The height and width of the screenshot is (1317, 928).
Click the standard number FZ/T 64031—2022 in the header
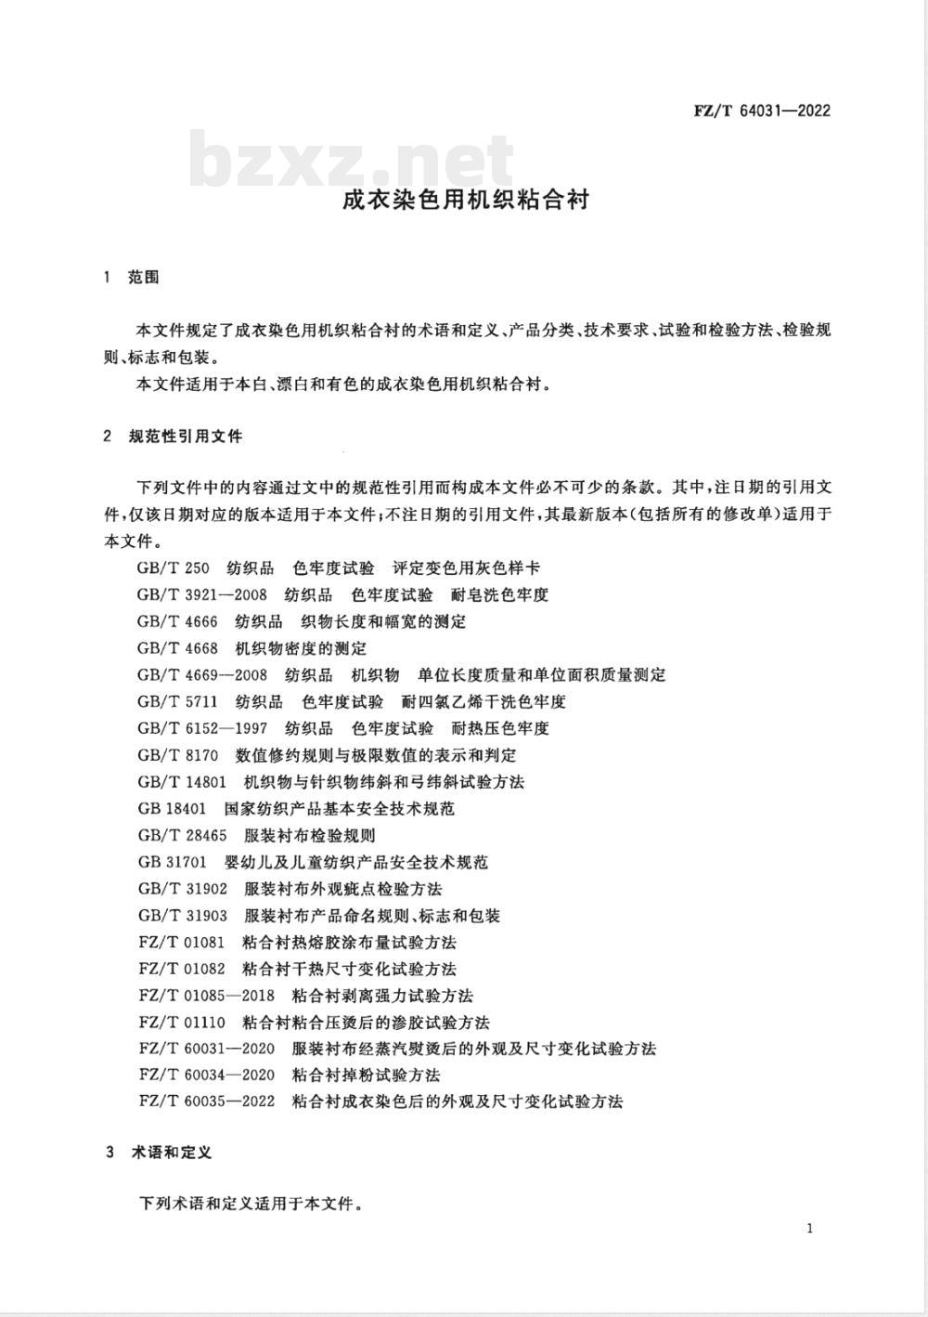point(762,111)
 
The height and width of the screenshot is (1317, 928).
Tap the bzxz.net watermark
point(352,161)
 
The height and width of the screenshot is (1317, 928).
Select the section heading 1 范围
point(133,278)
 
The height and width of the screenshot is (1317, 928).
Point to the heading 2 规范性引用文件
point(174,436)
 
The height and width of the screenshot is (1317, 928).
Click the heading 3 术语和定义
point(159,1153)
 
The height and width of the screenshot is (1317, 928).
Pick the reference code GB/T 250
point(173,568)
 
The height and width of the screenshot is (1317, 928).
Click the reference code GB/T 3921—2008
point(201,595)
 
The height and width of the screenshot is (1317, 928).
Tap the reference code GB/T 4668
point(177,648)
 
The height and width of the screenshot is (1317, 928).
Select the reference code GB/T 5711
point(177,701)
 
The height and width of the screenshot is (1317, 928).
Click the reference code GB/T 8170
point(177,755)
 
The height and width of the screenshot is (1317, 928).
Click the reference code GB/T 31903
point(182,916)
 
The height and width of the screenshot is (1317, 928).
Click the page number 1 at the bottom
point(810,1230)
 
